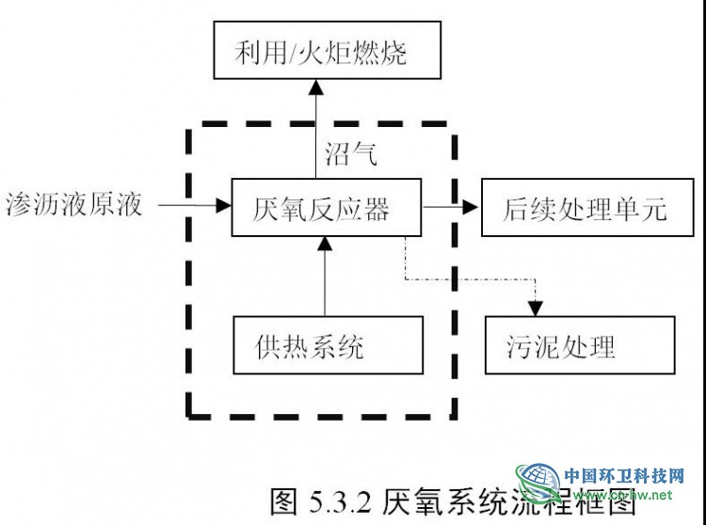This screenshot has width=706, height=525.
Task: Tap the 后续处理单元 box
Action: tap(574, 208)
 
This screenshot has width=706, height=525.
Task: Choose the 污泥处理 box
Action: tap(579, 347)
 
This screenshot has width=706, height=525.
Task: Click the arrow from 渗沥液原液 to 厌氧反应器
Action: tap(193, 204)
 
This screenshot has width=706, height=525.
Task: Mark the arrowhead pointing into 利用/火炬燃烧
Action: tap(317, 88)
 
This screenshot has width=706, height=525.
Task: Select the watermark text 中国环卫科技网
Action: tap(622, 476)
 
